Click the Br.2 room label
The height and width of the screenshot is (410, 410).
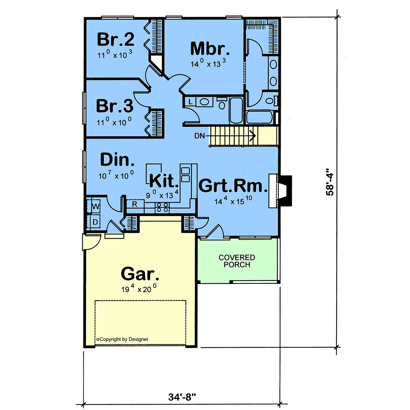pyautogui.click(x=115, y=39)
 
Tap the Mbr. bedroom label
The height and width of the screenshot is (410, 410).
pyautogui.click(x=210, y=49)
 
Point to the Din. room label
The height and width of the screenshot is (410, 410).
pyautogui.click(x=117, y=160)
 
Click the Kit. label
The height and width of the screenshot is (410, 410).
pyautogui.click(x=164, y=181)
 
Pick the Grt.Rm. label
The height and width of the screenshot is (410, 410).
pyautogui.click(x=233, y=186)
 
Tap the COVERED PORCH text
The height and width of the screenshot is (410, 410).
pyautogui.click(x=236, y=261)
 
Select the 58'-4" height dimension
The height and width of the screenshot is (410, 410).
pyautogui.click(x=330, y=182)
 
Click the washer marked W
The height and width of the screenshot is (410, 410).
pyautogui.click(x=96, y=206)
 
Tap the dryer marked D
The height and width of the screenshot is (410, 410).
pyautogui.click(x=95, y=222)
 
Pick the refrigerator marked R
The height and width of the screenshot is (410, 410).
pyautogui.click(x=135, y=204)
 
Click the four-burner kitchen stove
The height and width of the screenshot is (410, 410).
pyautogui.click(x=162, y=208)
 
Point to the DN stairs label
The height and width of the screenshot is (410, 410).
pyautogui.click(x=199, y=136)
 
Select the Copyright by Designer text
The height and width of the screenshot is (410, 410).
pyautogui.click(x=122, y=339)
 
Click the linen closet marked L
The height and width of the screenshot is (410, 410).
pyautogui.click(x=190, y=101)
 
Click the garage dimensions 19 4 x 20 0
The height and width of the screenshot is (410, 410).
pyautogui.click(x=139, y=289)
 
